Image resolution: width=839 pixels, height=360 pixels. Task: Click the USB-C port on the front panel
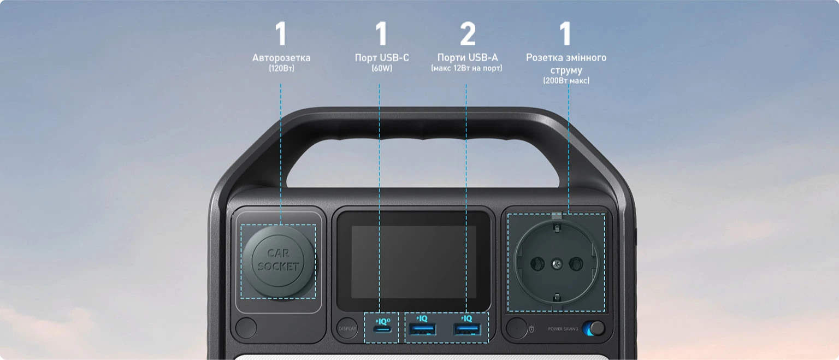(x=382, y=329)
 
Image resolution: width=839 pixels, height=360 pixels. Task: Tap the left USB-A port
(x=423, y=329)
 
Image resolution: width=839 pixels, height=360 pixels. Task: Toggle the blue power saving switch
(x=594, y=328)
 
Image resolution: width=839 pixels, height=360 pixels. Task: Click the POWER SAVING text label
(x=563, y=329)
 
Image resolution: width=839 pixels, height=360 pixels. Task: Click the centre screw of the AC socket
(x=557, y=264)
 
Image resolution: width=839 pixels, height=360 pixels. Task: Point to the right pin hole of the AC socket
(x=575, y=264)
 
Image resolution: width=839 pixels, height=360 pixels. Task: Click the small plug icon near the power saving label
(x=531, y=329)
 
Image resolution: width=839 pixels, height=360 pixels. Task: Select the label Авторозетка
(x=281, y=58)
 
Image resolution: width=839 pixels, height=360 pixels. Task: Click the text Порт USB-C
(x=382, y=58)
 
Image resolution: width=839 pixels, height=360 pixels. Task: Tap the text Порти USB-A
(x=468, y=58)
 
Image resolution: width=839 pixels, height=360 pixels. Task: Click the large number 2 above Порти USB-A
(x=468, y=34)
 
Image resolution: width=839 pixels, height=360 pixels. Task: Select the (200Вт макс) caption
(x=566, y=80)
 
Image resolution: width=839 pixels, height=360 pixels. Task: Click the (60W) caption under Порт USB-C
(x=382, y=68)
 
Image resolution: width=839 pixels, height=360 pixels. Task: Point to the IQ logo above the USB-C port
(x=382, y=321)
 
